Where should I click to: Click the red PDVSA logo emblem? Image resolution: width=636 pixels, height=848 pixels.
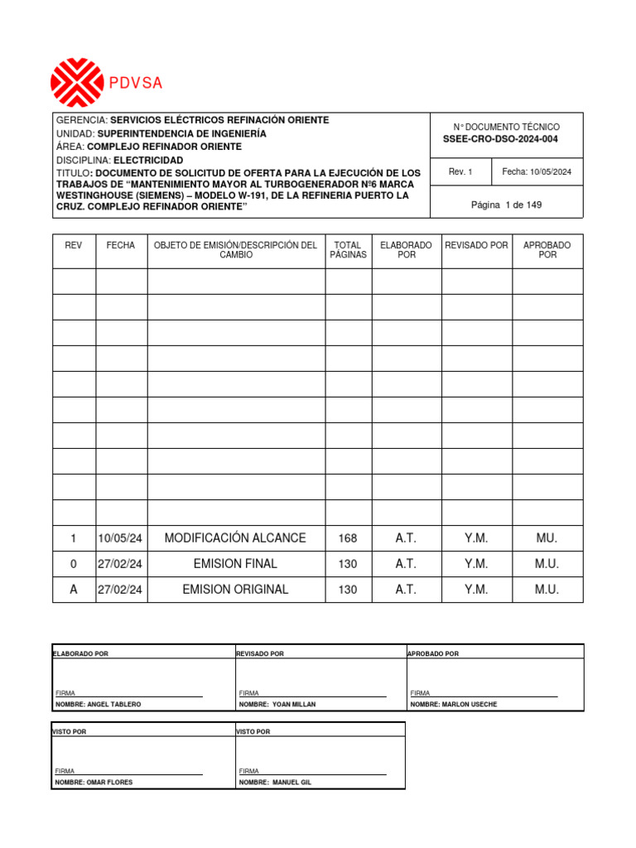(76, 83)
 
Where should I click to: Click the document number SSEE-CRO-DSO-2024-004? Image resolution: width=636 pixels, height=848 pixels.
(500, 139)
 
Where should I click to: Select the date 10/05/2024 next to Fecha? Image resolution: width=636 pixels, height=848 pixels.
(551, 172)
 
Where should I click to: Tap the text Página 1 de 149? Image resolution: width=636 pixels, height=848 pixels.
(506, 205)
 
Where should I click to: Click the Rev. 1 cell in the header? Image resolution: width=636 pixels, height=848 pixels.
(460, 172)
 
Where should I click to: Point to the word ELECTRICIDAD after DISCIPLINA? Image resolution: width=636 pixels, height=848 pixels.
(148, 160)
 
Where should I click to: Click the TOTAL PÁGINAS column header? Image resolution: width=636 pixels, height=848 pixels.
(348, 250)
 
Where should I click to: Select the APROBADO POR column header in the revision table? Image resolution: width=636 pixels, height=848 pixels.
(547, 250)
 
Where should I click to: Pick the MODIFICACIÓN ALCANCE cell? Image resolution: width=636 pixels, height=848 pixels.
(235, 538)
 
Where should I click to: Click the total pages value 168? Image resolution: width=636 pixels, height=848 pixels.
(348, 538)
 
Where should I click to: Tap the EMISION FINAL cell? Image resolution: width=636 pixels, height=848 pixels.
(235, 564)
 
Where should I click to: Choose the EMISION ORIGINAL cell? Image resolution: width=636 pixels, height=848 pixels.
(235, 590)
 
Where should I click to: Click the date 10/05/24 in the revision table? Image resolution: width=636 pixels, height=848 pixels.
(120, 538)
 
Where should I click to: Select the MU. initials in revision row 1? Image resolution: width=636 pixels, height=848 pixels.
(547, 538)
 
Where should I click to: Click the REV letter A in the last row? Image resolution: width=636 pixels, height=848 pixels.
(73, 590)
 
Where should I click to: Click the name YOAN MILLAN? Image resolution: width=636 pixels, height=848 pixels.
(293, 704)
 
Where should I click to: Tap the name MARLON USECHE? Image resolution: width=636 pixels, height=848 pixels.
(468, 704)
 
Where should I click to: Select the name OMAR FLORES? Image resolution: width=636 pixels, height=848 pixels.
(109, 782)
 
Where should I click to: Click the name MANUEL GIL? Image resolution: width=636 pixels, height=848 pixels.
(291, 782)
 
